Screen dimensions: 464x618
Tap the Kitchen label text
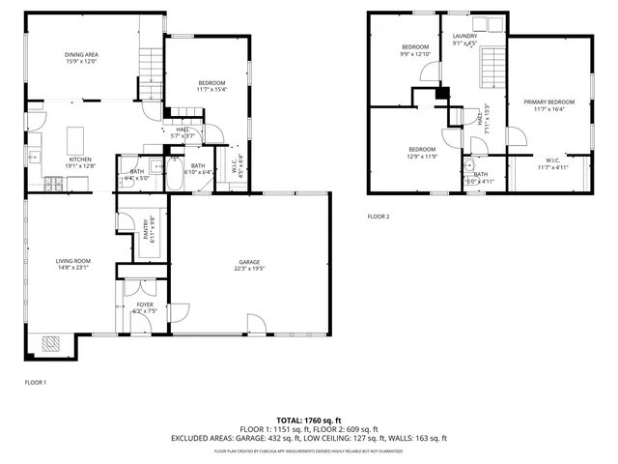coord(79,162)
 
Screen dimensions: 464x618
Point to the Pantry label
coord(148,229)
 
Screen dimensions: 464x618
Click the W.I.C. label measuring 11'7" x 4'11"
coord(552,164)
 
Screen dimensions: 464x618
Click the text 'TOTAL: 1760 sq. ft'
coord(309,420)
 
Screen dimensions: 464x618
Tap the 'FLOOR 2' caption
coord(378,217)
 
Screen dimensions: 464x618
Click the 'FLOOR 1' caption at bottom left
coord(35,383)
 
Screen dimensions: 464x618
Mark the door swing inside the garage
coord(255,325)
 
